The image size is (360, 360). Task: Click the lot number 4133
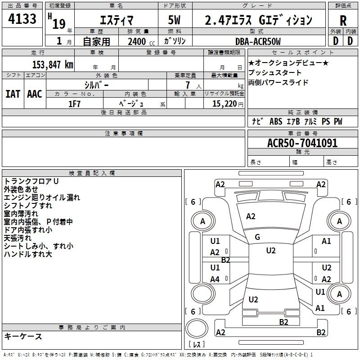pos(22,19)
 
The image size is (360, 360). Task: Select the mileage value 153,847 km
pos(53,65)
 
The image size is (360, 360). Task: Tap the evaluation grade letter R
pos(343,21)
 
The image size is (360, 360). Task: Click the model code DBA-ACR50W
pos(258,41)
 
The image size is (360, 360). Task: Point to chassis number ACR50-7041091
pos(302,143)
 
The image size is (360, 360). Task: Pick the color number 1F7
pos(74,104)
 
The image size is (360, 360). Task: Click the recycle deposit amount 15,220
pos(224,104)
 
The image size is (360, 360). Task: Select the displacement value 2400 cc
pos(141,41)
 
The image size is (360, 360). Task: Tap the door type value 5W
pos(174,20)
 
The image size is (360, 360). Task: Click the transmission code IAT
pos(13,94)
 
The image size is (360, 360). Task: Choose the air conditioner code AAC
pos(35,94)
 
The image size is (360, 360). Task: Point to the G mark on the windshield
pos(257,237)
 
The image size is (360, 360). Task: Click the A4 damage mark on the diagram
pos(215,279)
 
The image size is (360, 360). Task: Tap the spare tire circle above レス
pos(197,328)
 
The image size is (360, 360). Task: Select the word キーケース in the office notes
pos(23,336)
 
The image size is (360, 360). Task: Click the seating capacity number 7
pos(188,85)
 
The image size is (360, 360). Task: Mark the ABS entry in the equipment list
pos(276,121)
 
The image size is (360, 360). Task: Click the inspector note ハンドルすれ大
pos(28,254)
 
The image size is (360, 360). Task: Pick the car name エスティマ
pos(117,20)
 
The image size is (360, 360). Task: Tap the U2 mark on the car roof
pos(271,251)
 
